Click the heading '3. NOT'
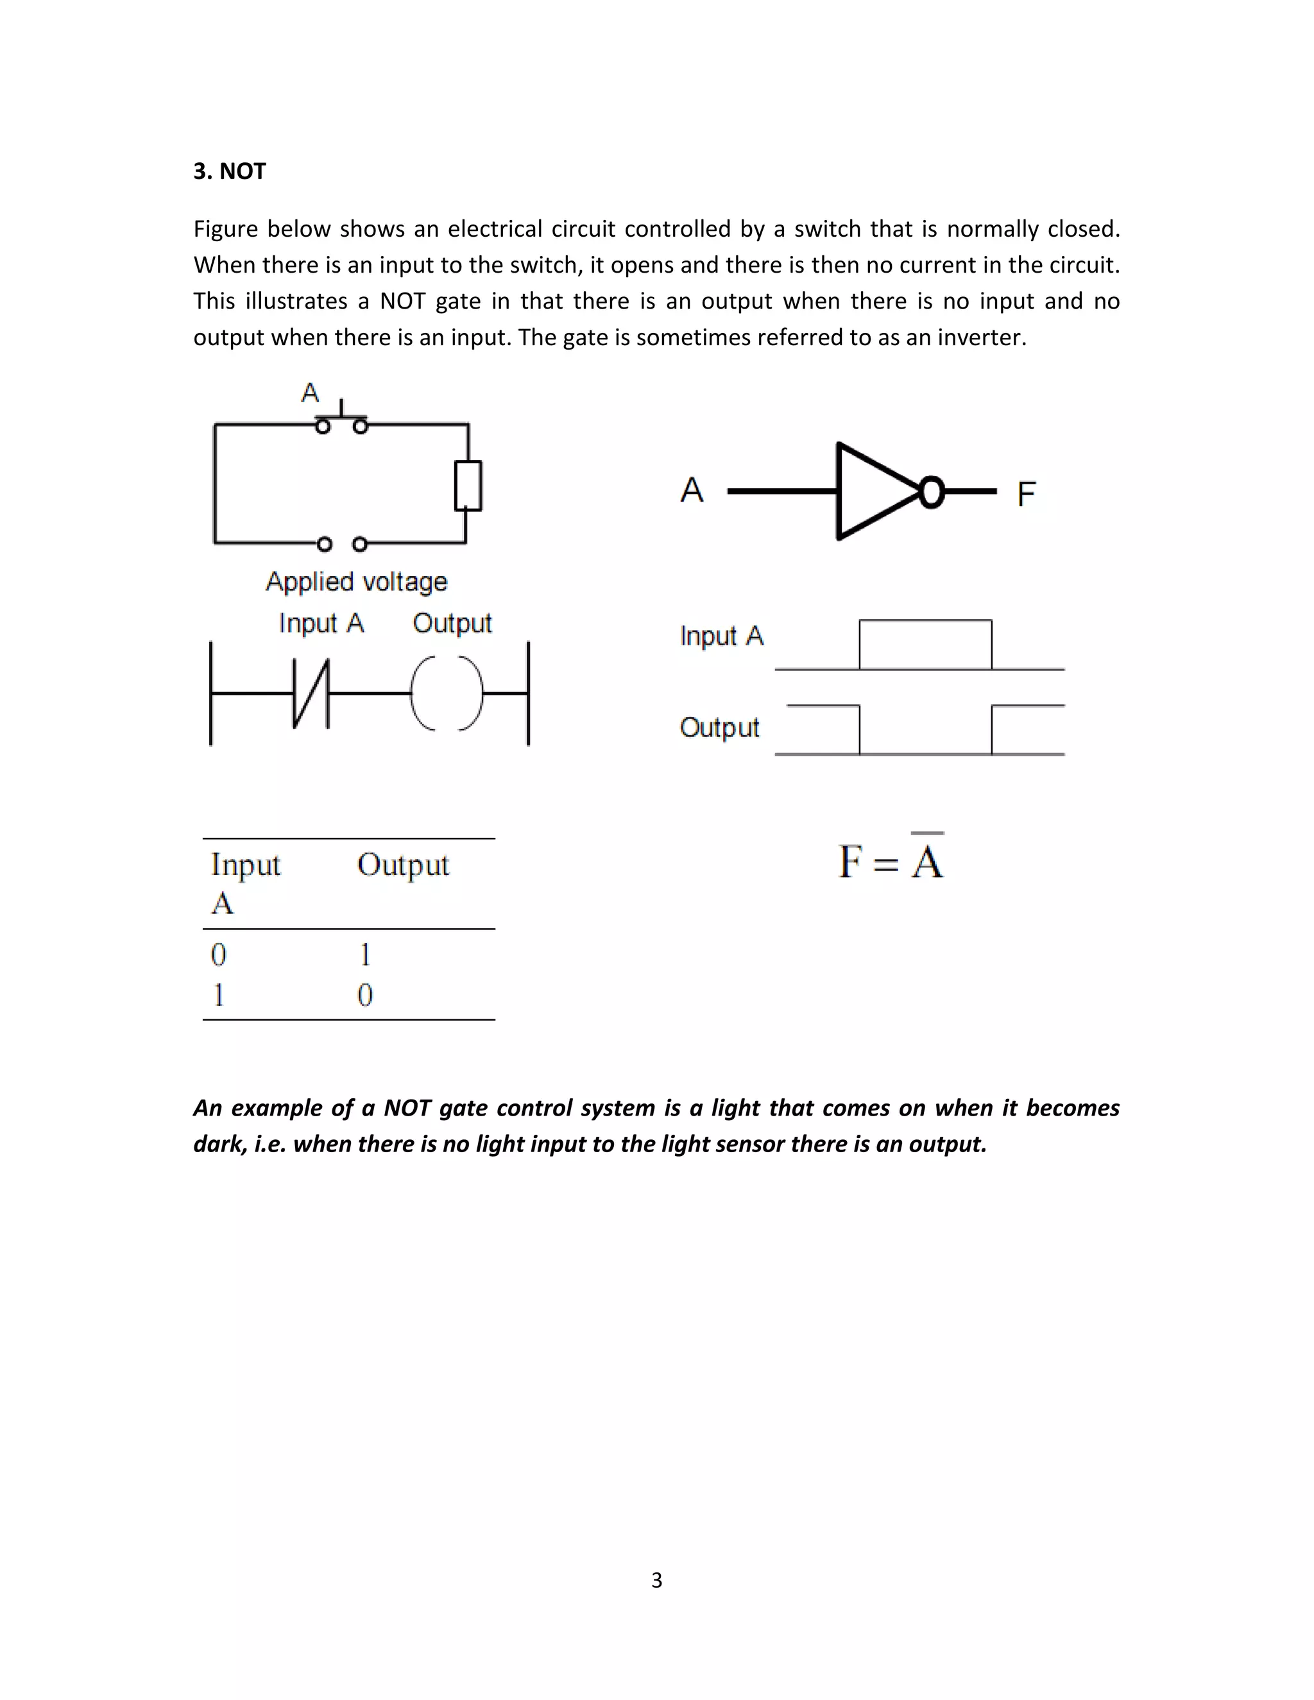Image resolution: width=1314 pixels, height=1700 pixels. [230, 171]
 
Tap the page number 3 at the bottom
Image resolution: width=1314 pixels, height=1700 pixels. [656, 1579]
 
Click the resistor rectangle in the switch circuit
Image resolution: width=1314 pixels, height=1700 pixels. [468, 486]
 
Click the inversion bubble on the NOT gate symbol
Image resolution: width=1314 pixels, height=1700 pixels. [931, 492]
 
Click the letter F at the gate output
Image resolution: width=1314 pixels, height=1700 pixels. [1026, 493]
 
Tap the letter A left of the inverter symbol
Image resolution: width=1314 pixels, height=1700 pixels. [691, 490]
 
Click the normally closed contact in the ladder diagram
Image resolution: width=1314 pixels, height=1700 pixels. [311, 693]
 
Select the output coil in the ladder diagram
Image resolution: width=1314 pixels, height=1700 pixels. [446, 693]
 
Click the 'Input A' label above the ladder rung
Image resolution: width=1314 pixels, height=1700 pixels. [321, 623]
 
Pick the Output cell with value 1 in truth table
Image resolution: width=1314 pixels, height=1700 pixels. [365, 955]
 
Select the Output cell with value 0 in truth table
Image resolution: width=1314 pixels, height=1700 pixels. [365, 995]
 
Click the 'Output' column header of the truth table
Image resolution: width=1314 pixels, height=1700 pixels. [402, 865]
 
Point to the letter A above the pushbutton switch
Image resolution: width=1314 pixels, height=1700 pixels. [310, 393]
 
